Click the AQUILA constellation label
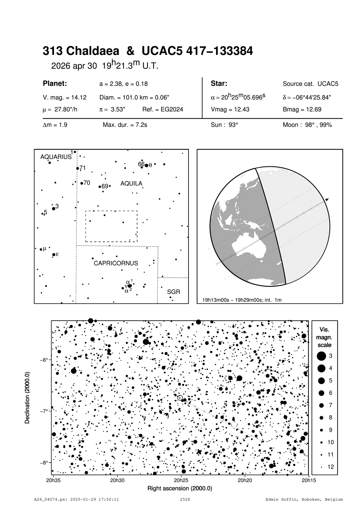coord(131,184)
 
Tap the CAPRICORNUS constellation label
coord(116,263)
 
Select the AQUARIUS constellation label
coord(56,157)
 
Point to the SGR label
coord(174,292)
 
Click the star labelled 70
coord(82,183)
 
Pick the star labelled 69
coord(100,187)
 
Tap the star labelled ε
coord(54,254)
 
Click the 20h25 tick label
coord(181,480)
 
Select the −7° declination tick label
coord(44,411)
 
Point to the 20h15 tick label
coord(309,480)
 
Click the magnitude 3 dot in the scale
coord(321,356)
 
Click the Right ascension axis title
coord(180,488)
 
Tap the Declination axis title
coord(27,398)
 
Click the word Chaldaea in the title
coord(93,51)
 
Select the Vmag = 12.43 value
coord(230,110)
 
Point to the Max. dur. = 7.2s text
coord(125,125)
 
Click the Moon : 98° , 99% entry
coord(307,125)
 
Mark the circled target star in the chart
coord(180,397)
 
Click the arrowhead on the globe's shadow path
coord(327,200)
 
